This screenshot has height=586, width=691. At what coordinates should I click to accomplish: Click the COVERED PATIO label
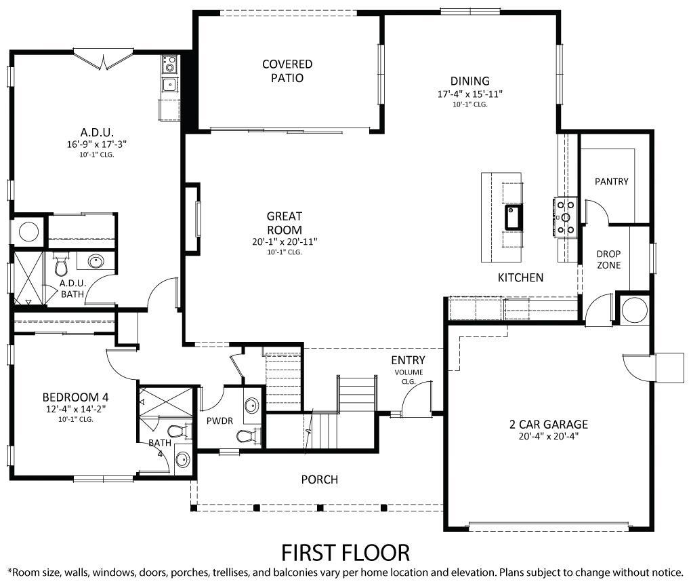click(287, 71)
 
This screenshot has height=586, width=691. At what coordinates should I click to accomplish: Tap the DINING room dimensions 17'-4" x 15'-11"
click(470, 94)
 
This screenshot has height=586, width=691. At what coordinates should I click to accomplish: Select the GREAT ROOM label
click(284, 222)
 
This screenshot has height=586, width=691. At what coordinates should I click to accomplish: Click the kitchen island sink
click(512, 217)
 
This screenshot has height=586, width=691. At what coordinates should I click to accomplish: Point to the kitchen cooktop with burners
click(565, 217)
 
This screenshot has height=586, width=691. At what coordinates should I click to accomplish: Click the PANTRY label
click(611, 181)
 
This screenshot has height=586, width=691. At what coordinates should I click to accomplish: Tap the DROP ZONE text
click(608, 259)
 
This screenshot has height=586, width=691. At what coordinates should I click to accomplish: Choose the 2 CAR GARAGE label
click(548, 425)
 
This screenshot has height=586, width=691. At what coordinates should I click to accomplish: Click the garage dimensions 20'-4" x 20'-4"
click(548, 436)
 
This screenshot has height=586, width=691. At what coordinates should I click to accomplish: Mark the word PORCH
click(319, 480)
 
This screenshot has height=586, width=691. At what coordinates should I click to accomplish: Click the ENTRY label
click(408, 360)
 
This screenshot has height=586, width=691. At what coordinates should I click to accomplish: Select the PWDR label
click(219, 421)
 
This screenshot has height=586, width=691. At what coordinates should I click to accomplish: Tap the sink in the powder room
click(251, 406)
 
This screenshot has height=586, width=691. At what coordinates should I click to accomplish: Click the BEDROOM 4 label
click(75, 397)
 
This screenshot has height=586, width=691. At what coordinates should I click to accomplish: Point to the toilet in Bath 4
click(175, 431)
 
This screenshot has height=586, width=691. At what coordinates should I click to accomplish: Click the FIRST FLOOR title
click(345, 551)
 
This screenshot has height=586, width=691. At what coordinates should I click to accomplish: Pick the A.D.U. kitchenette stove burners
click(169, 65)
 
